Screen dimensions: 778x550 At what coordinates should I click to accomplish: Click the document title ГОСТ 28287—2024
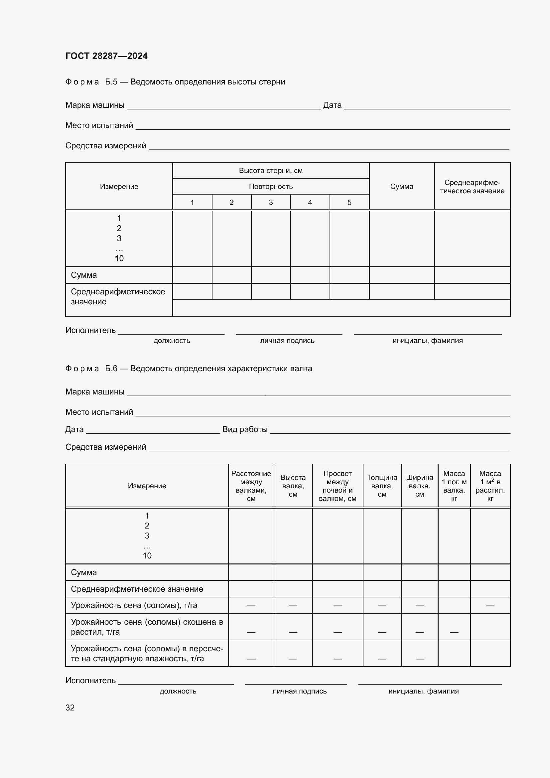pos(106,56)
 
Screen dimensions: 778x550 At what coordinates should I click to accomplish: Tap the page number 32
pos(70,707)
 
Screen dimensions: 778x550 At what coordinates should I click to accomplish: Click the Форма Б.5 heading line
pos(175,82)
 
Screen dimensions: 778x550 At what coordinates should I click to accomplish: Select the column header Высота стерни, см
pos(271,170)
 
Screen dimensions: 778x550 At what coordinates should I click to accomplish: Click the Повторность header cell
pos(271,186)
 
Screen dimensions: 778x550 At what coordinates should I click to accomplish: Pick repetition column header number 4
pos(310,202)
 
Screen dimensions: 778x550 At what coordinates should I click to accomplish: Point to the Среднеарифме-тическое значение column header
pos(472,187)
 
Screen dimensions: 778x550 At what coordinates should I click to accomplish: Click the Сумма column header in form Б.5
pos(402,186)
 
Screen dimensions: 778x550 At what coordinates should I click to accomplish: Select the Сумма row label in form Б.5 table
pos(84,275)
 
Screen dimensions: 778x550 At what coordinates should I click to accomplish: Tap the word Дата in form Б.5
pos(332,105)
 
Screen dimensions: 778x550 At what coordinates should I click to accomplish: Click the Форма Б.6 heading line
pos(189,368)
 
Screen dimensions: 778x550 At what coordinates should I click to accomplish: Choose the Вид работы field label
pos(245,429)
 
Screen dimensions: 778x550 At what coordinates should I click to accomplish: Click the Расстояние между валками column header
pos(251,486)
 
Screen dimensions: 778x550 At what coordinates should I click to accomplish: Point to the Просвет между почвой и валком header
pos(337,486)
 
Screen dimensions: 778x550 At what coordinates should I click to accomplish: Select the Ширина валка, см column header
pos(419,486)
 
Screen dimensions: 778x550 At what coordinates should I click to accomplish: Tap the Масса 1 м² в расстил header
pos(490,486)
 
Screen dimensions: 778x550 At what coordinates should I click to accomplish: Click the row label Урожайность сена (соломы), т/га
pos(134,605)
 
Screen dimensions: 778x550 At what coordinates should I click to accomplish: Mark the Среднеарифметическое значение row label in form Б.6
pos(137,589)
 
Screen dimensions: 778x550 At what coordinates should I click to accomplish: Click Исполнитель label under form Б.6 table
pos(90,681)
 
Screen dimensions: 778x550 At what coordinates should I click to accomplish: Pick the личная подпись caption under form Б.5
pos(287,341)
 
